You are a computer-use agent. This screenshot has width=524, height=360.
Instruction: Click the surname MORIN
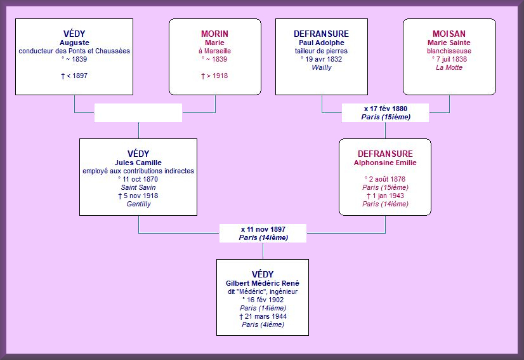click(214, 34)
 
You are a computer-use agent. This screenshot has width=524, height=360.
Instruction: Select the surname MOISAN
click(449, 34)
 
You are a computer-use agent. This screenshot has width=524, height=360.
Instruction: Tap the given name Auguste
click(74, 43)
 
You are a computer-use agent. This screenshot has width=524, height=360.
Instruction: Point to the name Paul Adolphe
click(322, 43)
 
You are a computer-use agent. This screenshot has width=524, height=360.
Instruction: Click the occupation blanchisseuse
click(449, 51)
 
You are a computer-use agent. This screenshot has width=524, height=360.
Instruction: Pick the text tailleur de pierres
click(321, 51)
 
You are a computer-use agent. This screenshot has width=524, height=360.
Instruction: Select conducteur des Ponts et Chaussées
click(74, 51)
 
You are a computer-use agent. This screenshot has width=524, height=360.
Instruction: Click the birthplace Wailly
click(322, 67)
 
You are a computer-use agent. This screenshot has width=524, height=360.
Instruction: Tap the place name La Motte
click(449, 67)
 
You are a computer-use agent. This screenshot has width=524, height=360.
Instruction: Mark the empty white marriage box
click(138, 113)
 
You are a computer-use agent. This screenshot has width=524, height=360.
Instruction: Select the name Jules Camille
click(138, 163)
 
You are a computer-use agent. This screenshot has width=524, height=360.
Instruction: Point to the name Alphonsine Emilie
click(385, 163)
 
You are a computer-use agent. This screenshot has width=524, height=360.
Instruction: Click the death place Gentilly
click(138, 204)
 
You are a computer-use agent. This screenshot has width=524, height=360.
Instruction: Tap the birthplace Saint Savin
click(138, 188)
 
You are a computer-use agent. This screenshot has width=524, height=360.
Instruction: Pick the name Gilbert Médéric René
click(263, 283)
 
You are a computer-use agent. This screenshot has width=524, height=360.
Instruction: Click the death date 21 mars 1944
click(266, 316)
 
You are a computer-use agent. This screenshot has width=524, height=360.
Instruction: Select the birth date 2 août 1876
click(387, 179)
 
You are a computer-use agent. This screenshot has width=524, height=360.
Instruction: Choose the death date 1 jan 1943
click(388, 196)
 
